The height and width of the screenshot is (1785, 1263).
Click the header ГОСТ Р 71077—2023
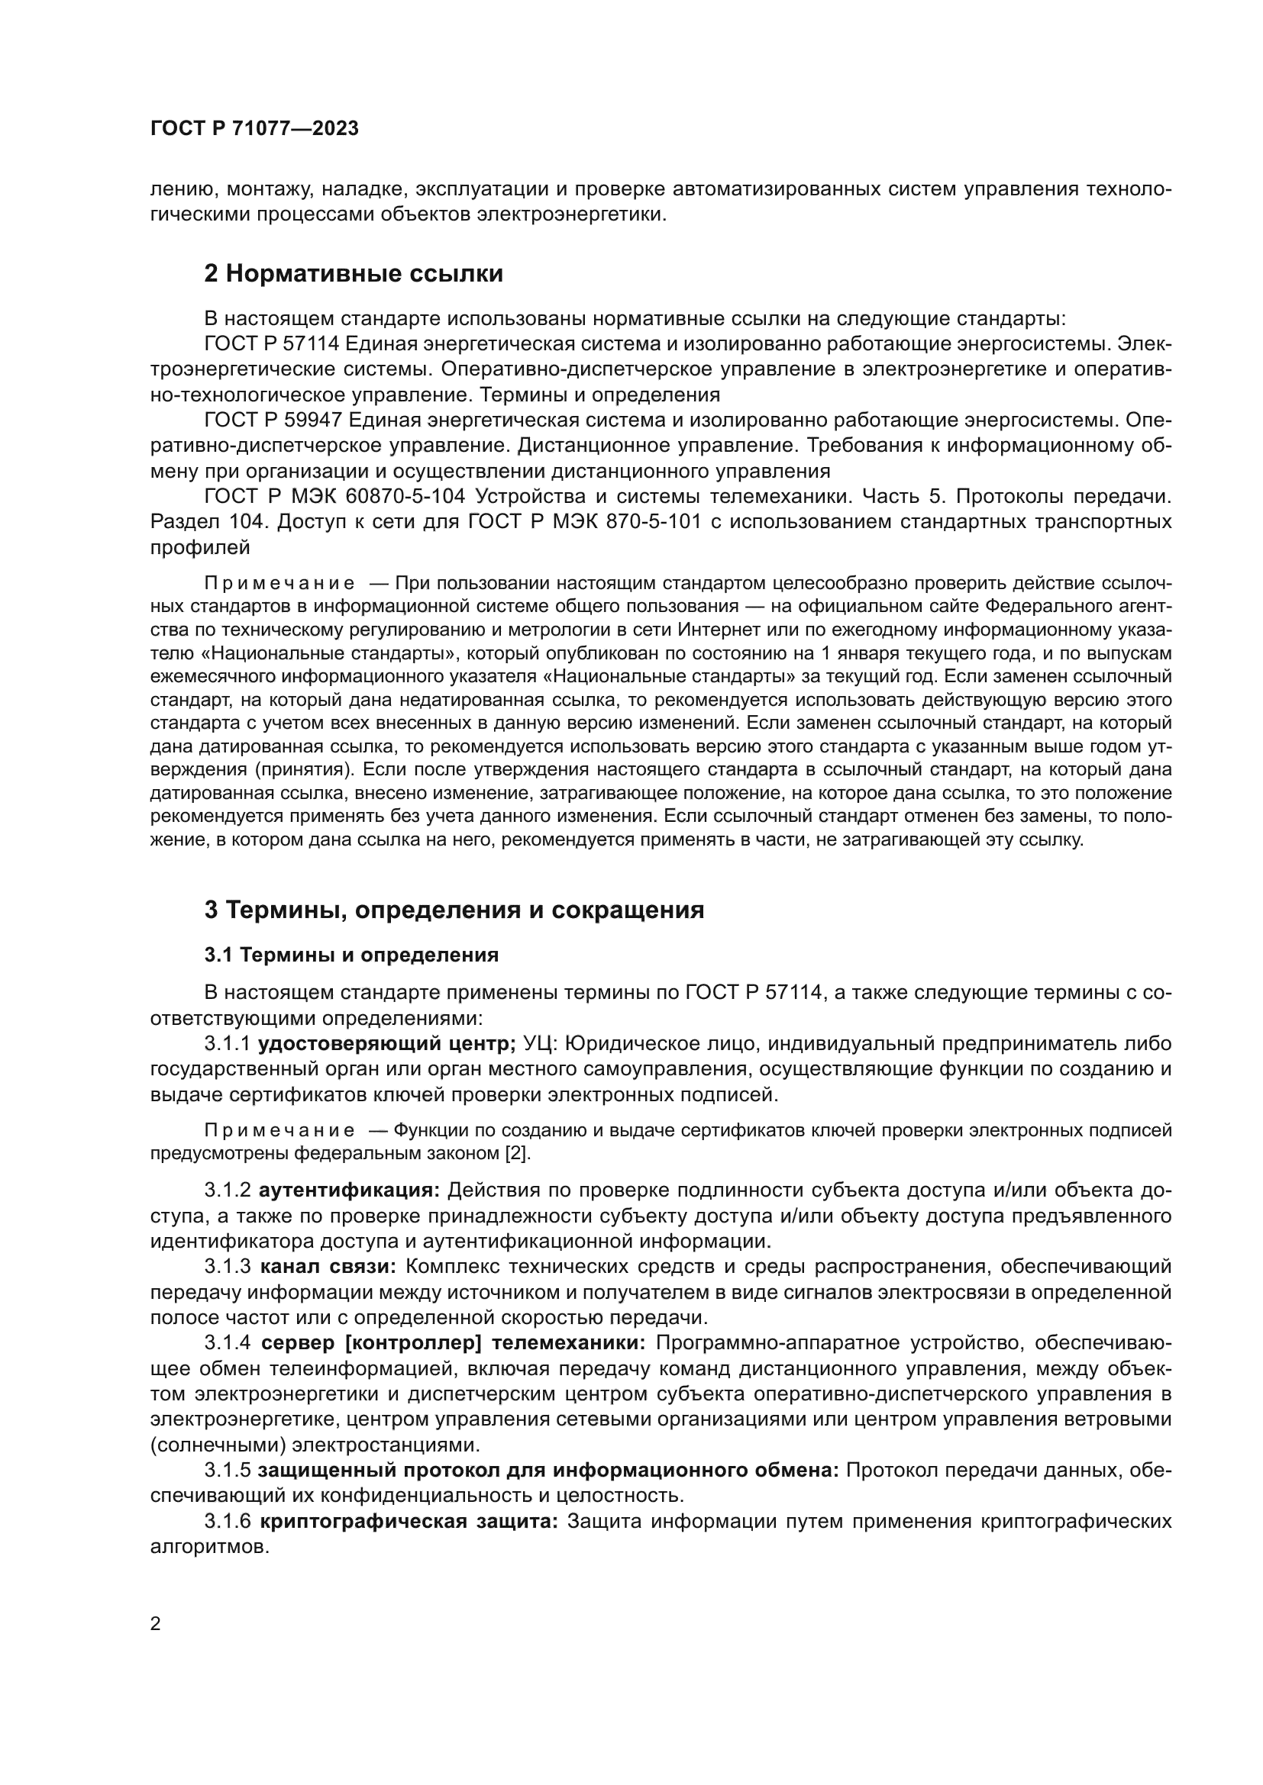(254, 129)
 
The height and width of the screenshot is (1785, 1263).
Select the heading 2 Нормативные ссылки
(354, 274)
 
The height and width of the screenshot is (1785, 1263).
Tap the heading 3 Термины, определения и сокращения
(454, 910)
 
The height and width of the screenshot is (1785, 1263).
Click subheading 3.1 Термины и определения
(351, 955)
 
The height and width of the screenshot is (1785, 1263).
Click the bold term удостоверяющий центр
(386, 1043)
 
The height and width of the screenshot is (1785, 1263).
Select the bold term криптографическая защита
(409, 1522)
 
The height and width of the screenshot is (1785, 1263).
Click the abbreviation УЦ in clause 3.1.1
(538, 1043)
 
